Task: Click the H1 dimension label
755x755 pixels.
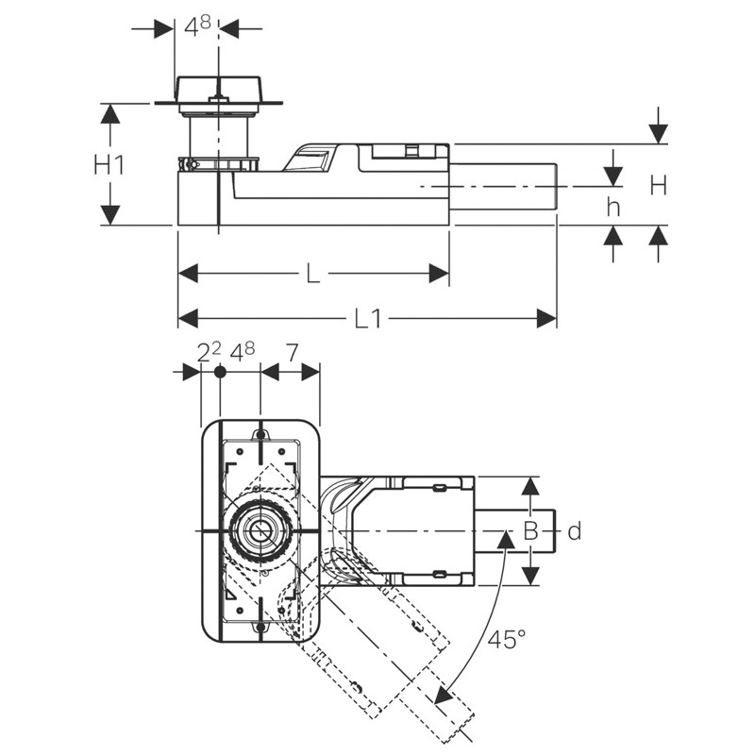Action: coord(109,164)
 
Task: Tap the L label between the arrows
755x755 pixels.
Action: coord(311,274)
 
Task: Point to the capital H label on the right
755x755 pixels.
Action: coord(658,186)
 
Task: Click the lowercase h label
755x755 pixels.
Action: coord(613,208)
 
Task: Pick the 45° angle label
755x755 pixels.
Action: coord(507,640)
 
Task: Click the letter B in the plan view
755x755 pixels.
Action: coord(530,532)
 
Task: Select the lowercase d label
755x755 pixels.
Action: coord(574,532)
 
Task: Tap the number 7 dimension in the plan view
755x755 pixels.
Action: coord(291,353)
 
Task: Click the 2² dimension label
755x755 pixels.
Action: coord(209,353)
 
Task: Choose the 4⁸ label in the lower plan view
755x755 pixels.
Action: coord(243,353)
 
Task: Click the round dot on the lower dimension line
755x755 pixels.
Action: coord(220,373)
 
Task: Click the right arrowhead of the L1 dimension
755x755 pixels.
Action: coord(547,319)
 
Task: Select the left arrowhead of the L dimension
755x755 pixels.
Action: coord(188,274)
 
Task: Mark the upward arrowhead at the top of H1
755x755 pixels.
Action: coord(110,113)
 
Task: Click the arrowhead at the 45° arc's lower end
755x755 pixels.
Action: coord(442,696)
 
